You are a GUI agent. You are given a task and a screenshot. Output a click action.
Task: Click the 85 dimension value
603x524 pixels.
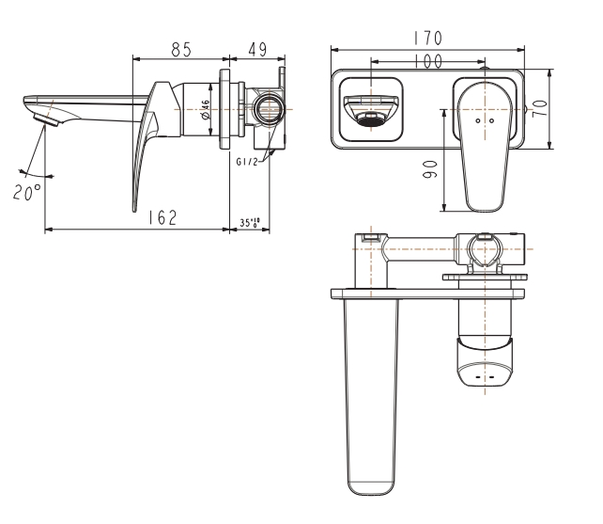pos(183,46)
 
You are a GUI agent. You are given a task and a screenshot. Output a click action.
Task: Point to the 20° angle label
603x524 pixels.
pos(27,191)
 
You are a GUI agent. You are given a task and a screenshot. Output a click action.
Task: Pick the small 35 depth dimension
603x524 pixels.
pos(250,223)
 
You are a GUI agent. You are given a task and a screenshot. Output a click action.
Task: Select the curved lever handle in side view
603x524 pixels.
pos(147,141)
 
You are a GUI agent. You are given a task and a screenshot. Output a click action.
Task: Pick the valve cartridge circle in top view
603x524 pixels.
pos(485,253)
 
